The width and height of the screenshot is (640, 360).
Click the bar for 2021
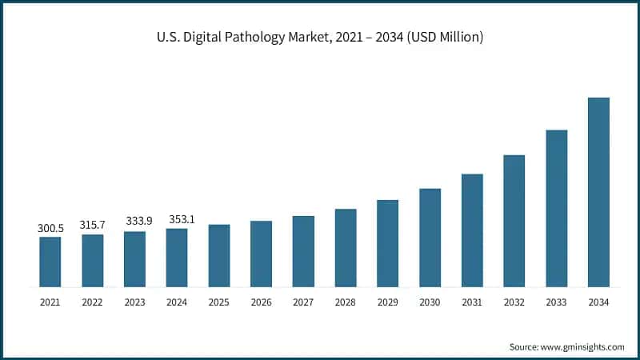50,262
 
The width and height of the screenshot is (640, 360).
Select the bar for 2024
177,258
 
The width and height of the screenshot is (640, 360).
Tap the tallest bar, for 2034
598,192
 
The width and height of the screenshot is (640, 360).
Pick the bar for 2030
430,238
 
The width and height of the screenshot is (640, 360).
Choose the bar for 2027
303,251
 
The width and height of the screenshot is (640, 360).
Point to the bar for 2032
514,221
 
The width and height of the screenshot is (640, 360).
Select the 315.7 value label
92,226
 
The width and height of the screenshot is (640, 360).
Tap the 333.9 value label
134,221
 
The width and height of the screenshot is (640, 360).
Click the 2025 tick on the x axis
218,302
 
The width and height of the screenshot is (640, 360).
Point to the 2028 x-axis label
345,302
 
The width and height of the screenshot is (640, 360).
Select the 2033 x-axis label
556,302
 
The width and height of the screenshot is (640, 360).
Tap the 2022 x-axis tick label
92,302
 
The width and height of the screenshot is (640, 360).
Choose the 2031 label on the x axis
472,302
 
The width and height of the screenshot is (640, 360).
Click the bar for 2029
387,243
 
